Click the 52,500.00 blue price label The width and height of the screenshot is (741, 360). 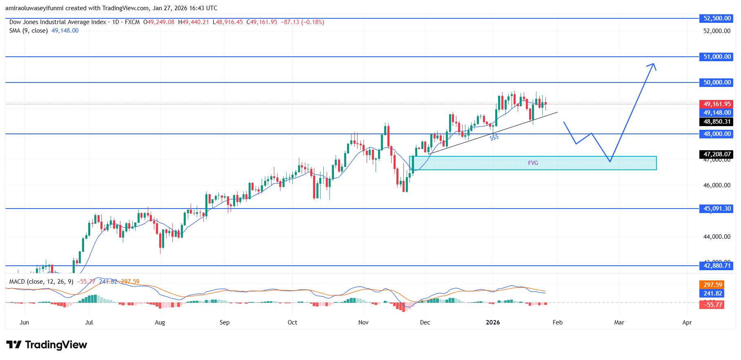click(x=717, y=18)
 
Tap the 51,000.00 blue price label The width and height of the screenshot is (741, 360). click(x=717, y=57)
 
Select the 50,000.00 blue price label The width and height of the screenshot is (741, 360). click(x=717, y=82)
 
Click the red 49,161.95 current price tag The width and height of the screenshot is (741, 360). click(x=717, y=104)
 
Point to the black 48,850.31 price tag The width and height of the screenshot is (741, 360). click(x=717, y=122)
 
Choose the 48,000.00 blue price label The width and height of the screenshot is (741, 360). click(x=717, y=134)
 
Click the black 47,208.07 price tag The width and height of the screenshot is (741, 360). click(x=717, y=154)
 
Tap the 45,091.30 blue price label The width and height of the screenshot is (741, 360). click(x=717, y=209)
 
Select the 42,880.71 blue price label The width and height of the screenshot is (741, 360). click(x=717, y=266)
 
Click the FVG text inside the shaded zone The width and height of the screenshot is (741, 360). click(x=533, y=163)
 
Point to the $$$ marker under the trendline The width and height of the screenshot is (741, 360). click(x=494, y=138)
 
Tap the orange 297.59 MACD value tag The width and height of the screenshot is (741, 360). click(x=712, y=285)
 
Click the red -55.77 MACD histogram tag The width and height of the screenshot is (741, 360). click(x=712, y=304)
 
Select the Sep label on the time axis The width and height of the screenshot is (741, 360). click(x=225, y=322)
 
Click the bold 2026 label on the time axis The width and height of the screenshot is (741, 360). click(x=493, y=322)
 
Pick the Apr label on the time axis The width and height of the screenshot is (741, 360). click(x=687, y=322)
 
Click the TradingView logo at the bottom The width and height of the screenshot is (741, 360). click(x=47, y=345)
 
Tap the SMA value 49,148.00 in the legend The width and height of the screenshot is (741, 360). click(x=65, y=31)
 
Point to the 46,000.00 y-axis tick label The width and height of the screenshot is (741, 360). click(x=717, y=185)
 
